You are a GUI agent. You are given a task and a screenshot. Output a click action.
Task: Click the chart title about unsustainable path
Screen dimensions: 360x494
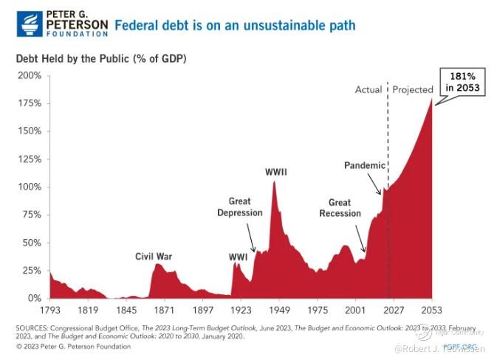click(x=234, y=26)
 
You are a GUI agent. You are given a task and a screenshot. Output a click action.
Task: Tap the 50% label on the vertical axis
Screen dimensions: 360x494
click(x=32, y=243)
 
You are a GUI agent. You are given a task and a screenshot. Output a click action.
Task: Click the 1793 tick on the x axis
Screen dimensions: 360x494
click(x=49, y=311)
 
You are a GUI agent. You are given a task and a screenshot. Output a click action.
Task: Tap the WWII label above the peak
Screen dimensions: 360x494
click(x=276, y=173)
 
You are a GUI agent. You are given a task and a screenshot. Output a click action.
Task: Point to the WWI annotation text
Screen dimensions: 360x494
click(x=238, y=257)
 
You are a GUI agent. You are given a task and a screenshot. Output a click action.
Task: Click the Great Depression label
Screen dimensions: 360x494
click(x=240, y=207)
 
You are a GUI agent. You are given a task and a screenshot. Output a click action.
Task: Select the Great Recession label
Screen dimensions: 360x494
click(x=340, y=208)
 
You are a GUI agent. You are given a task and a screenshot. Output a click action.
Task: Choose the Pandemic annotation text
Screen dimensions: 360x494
click(x=365, y=165)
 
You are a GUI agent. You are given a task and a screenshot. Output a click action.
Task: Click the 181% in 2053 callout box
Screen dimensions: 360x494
click(x=463, y=82)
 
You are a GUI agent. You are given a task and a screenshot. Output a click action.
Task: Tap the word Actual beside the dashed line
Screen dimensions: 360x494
click(x=368, y=90)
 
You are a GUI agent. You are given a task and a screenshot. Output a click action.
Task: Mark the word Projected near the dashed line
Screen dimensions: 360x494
click(x=412, y=90)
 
